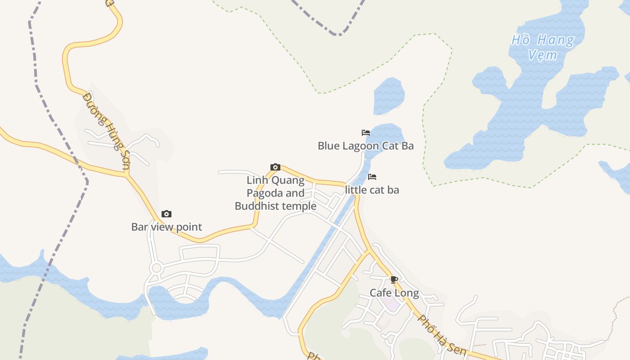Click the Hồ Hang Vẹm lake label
pyautogui.click(x=543, y=47)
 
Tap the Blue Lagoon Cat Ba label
pyautogui.click(x=365, y=146)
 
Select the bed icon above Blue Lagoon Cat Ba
pyautogui.click(x=366, y=133)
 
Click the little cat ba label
pyautogui.click(x=372, y=190)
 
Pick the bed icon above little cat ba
pyautogui.click(x=372, y=177)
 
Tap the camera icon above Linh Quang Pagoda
pyautogui.click(x=275, y=167)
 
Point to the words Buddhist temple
pyautogui.click(x=275, y=206)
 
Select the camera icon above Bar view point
pyautogui.click(x=166, y=214)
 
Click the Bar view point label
pyautogui.click(x=166, y=227)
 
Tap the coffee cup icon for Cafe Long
pyautogui.click(x=394, y=280)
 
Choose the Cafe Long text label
pyautogui.click(x=394, y=293)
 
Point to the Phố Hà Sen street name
pyautogui.click(x=441, y=334)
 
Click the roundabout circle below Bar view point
pyautogui.click(x=156, y=269)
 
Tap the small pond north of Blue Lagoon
pyautogui.click(x=388, y=95)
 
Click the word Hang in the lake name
pyautogui.click(x=556, y=40)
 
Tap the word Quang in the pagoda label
pyautogui.click(x=290, y=180)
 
